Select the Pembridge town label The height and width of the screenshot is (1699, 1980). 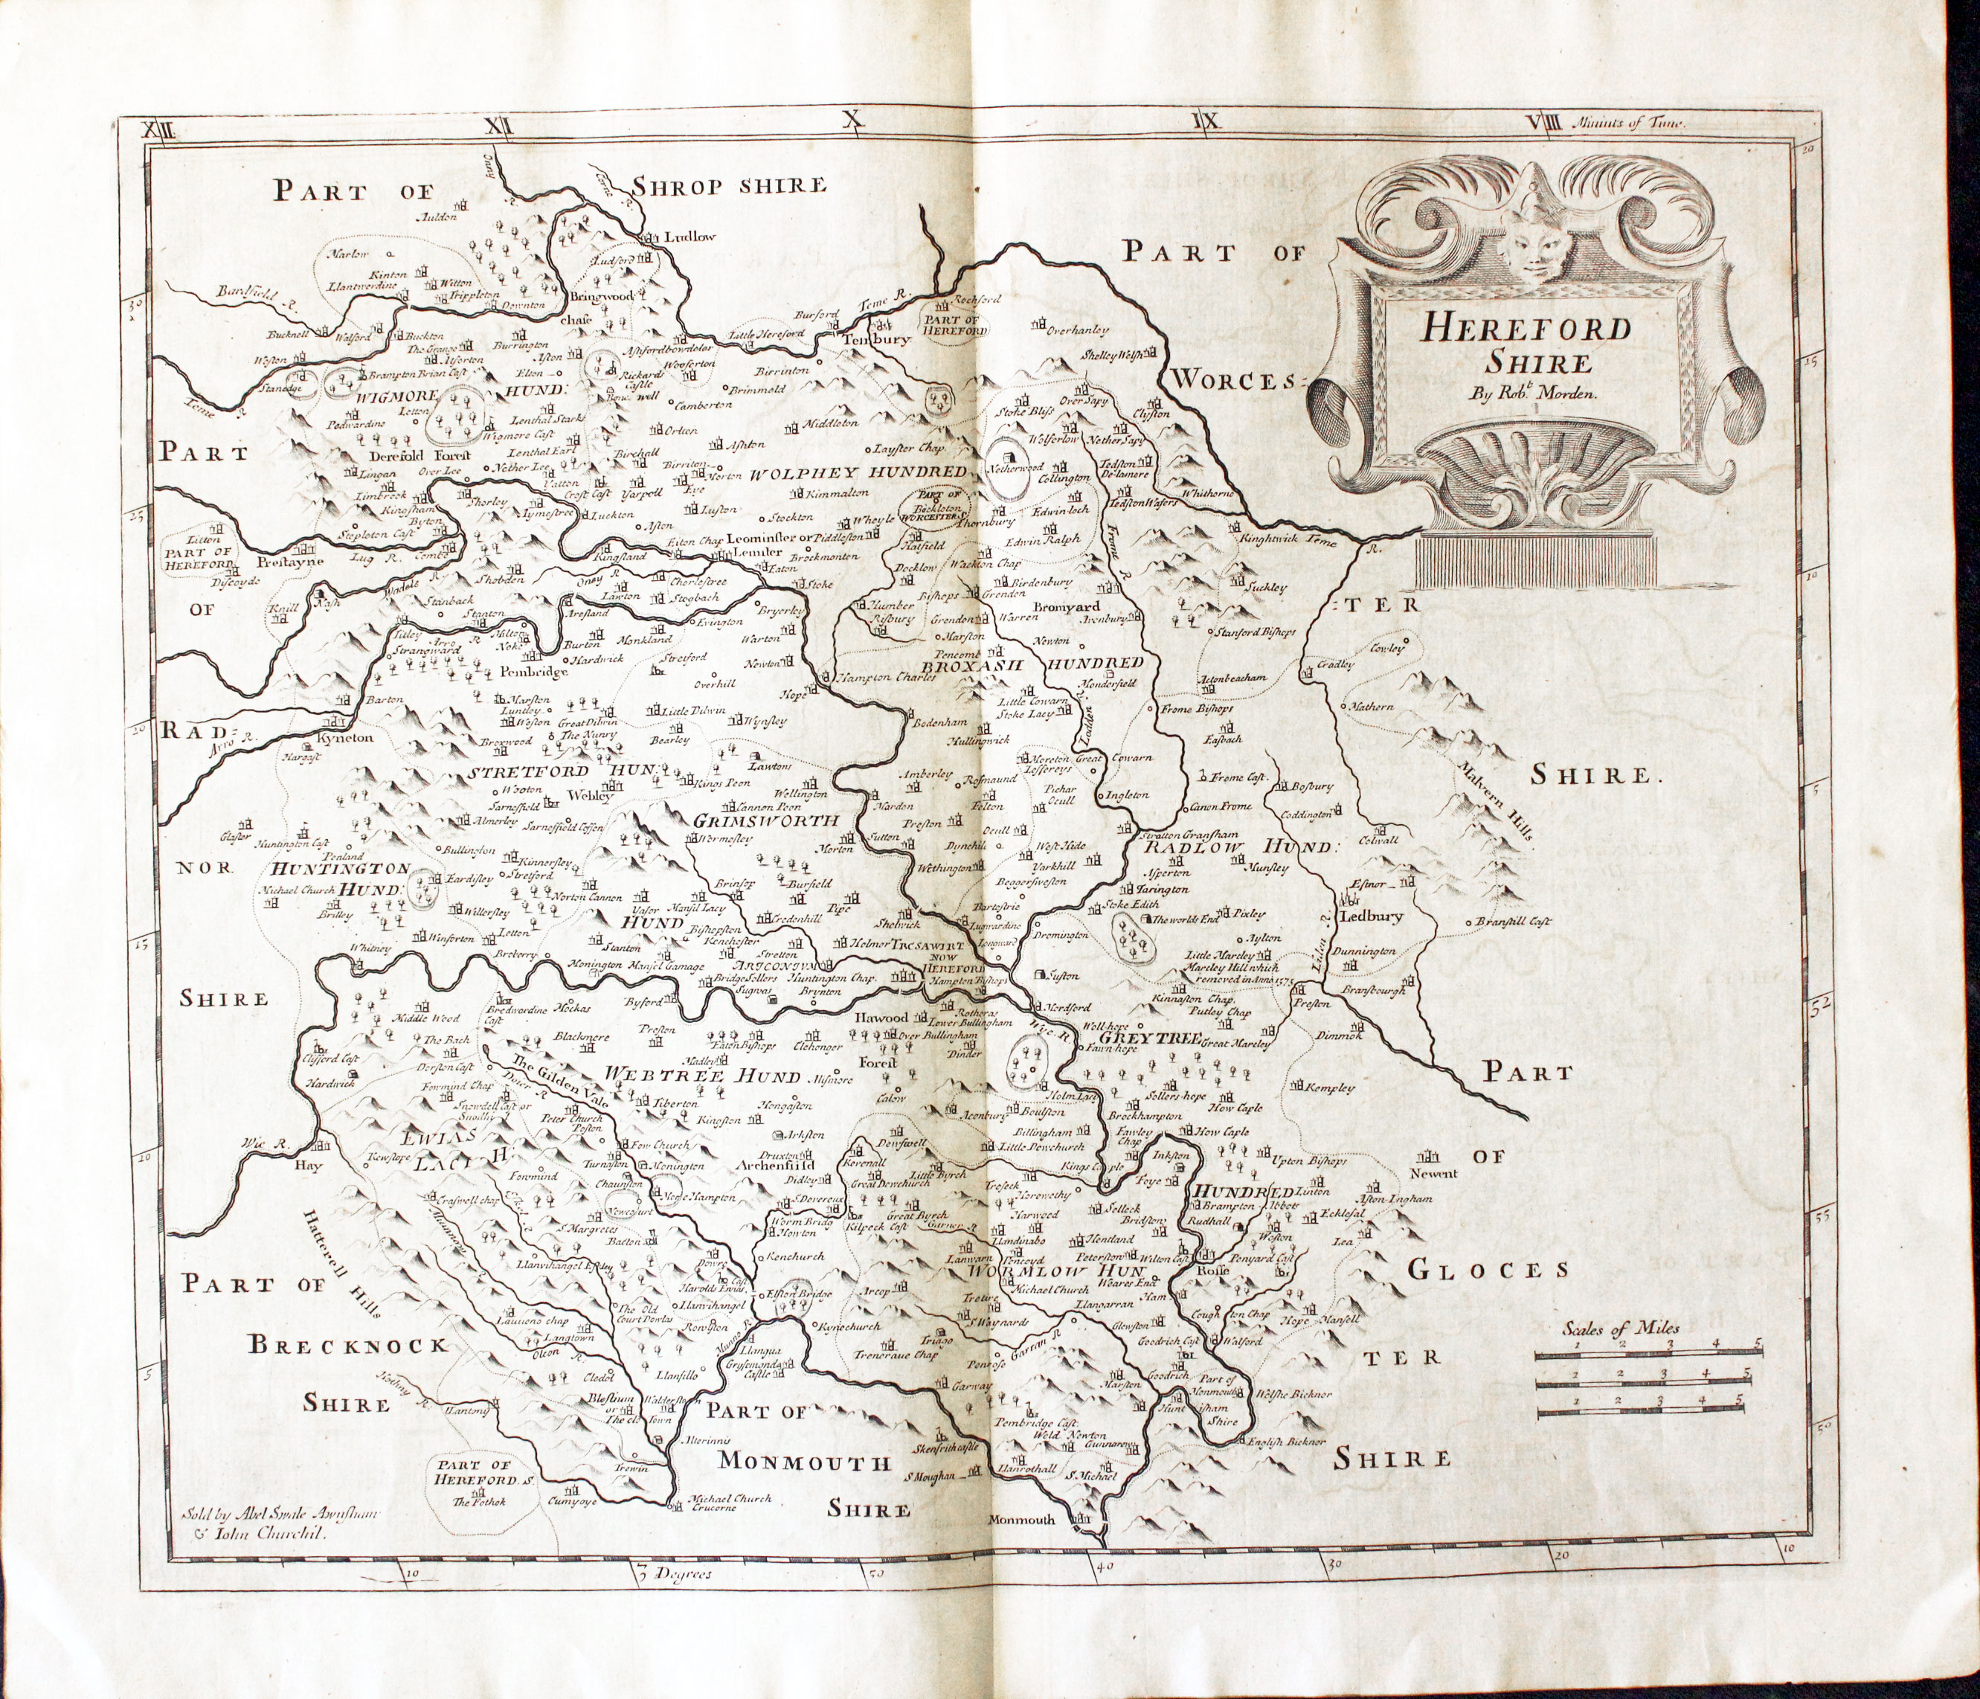[533, 671]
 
